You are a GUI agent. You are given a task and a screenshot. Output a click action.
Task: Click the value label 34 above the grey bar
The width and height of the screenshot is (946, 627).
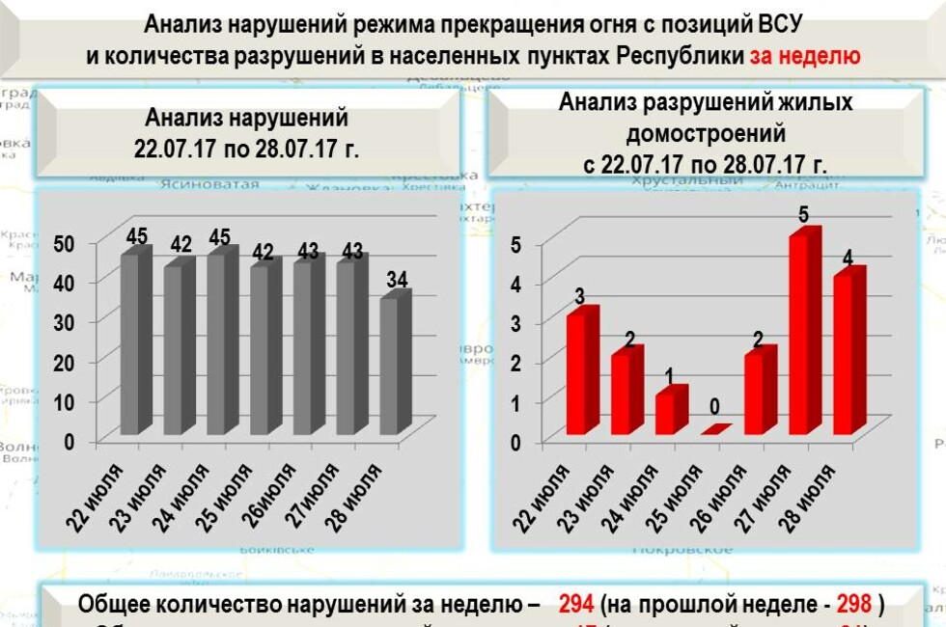(x=398, y=281)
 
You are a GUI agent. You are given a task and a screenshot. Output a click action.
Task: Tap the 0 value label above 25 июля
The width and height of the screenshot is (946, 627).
(x=713, y=406)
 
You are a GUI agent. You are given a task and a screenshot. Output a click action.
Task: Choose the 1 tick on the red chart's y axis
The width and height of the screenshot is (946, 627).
(x=516, y=401)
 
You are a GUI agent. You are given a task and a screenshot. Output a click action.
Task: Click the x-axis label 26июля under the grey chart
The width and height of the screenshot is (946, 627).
(x=270, y=495)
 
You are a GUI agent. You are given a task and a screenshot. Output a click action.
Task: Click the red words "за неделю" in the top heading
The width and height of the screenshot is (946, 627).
(x=806, y=55)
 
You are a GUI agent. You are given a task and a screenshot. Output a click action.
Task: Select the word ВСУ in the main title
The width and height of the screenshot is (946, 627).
(x=779, y=22)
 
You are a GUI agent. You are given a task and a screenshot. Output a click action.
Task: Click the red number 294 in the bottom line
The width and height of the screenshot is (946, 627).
(x=576, y=605)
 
